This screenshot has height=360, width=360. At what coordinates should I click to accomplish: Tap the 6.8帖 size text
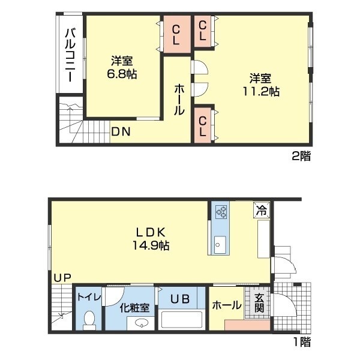(122, 74)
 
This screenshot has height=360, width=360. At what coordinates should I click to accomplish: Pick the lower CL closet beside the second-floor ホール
(203, 125)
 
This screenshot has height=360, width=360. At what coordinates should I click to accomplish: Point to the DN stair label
(121, 131)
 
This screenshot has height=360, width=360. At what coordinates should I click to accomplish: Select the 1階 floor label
(302, 342)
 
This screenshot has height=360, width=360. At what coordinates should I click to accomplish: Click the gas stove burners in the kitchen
(220, 211)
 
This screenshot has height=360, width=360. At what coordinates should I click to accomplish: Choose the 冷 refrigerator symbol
(261, 210)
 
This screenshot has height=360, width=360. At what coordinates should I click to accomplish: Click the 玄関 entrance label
(259, 303)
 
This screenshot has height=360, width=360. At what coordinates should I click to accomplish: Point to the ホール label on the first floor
(226, 305)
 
